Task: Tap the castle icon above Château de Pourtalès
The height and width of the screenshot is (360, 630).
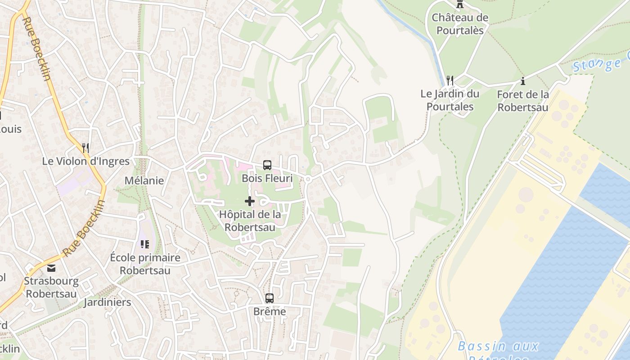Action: pos(460,4)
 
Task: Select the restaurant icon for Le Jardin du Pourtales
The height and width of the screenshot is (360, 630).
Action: pos(450,81)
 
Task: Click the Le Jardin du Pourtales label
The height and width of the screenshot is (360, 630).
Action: pos(450,100)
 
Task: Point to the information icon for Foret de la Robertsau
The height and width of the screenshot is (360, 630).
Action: pos(523,81)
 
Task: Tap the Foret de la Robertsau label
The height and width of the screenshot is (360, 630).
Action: pos(523,101)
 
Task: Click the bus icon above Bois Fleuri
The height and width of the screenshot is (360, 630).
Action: pos(267,165)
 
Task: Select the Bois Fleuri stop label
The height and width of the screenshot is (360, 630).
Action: pos(267,178)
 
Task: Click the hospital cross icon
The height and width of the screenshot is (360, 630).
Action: pos(250,201)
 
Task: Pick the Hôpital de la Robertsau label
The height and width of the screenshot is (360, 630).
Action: pos(250,220)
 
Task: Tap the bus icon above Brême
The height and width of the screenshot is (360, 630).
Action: pos(270,298)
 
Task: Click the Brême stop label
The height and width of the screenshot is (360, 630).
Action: pos(270,311)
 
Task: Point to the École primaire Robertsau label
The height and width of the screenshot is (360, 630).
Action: pos(145,264)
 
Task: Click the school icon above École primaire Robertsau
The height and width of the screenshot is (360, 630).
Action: pos(144,244)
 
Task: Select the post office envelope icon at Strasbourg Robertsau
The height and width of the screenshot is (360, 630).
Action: pos(51,269)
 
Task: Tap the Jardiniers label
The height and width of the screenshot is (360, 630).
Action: pos(108,302)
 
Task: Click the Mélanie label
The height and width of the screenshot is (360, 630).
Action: pos(144,180)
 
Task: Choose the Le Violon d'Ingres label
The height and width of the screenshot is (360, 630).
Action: pos(86,161)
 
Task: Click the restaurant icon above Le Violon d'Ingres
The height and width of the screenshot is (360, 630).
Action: pos(85,148)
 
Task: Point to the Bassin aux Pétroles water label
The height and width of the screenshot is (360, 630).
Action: pos(498,349)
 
